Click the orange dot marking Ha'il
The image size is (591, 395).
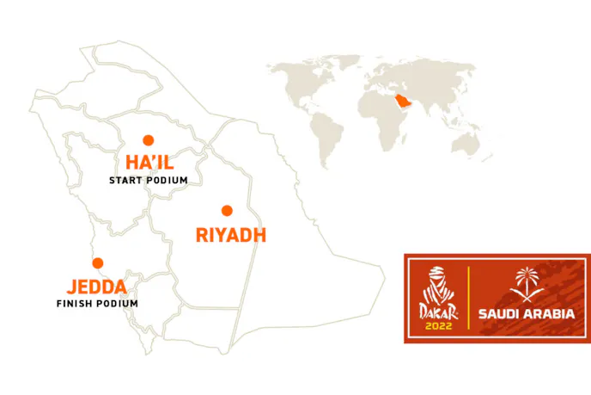coord(148,139)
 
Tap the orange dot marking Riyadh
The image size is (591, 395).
coord(227,210)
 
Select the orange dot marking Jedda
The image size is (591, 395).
coord(98,263)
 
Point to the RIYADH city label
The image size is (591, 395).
coord(230,234)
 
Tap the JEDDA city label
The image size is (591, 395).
coord(97,287)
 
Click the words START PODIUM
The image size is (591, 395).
coord(148,181)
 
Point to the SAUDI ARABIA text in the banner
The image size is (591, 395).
coord(526,313)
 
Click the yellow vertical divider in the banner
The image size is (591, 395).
coord(469,297)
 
